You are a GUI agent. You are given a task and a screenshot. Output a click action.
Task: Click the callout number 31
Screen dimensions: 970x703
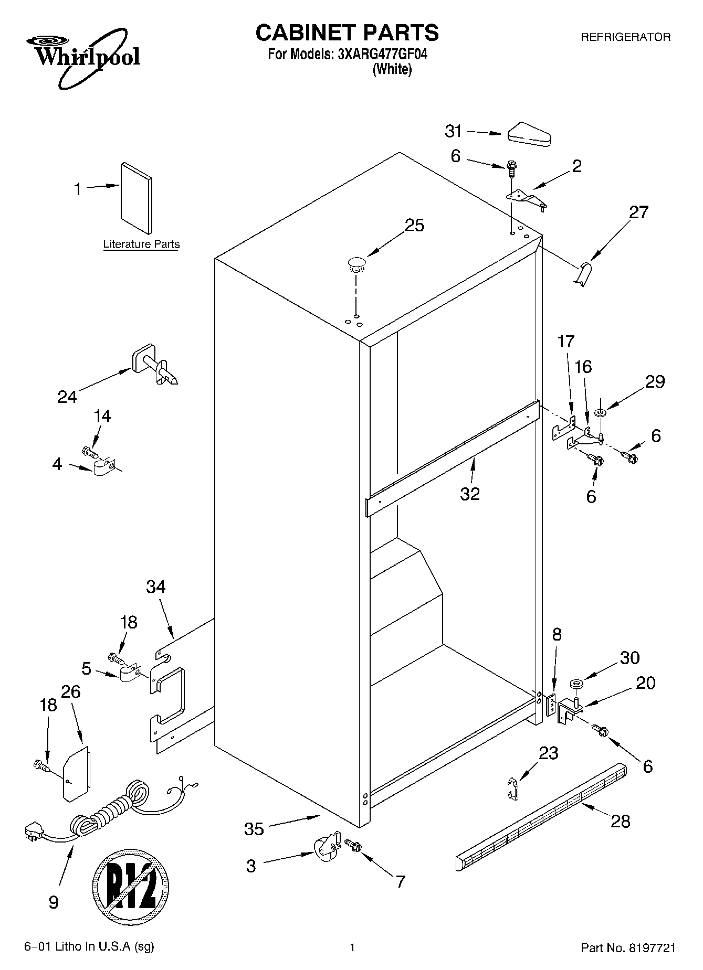click(453, 131)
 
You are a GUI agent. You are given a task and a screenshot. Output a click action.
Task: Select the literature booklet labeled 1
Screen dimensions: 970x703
click(137, 197)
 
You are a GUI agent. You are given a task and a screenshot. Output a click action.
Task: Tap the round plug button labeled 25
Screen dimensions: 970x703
click(356, 263)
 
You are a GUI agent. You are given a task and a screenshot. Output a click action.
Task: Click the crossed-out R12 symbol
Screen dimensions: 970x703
click(131, 887)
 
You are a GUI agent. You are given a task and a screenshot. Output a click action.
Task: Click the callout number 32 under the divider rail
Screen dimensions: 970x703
click(470, 494)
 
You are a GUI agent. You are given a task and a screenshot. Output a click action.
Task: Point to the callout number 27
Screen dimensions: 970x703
click(638, 212)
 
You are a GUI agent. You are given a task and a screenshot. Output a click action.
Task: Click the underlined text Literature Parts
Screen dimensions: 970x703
click(141, 244)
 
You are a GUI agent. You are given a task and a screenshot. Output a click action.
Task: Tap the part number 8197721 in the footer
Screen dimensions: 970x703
click(649, 947)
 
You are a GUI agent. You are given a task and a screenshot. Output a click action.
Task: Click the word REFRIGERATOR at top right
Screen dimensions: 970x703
click(625, 37)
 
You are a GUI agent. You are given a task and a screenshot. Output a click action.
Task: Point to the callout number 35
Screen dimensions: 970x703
click(254, 829)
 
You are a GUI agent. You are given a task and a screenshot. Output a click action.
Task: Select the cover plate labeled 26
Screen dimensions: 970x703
click(76, 774)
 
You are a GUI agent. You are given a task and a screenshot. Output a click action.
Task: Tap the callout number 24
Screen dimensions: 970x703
click(67, 397)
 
